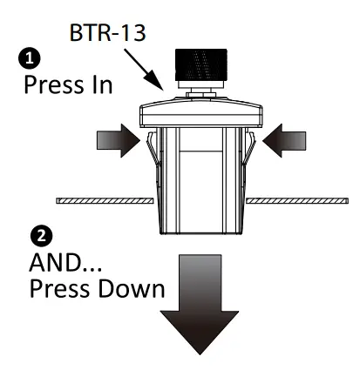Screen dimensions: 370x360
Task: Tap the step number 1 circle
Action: pyautogui.click(x=32, y=59)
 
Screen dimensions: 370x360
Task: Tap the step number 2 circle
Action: pyautogui.click(x=38, y=235)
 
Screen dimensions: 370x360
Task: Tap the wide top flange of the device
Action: pyautogui.click(x=201, y=111)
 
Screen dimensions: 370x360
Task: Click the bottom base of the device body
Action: pyautogui.click(x=201, y=228)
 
